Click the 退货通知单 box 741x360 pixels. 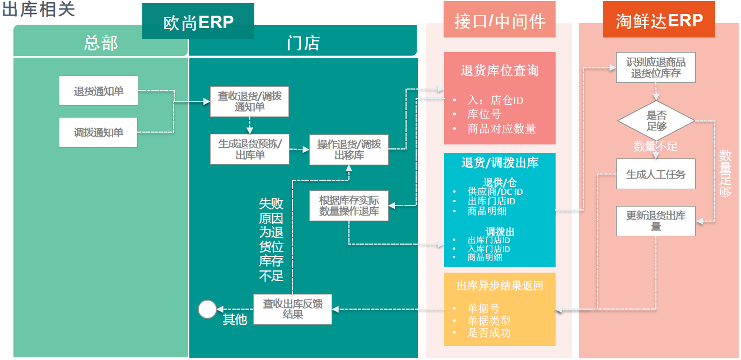pos(99,91)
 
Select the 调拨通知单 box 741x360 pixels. pos(99,133)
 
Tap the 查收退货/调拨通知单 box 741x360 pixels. pos(249,101)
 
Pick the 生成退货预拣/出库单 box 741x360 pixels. pos(249,149)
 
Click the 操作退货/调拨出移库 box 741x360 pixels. pos(348,149)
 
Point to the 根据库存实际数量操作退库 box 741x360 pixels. pos(348,205)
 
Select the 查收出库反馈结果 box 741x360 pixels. pos(292,309)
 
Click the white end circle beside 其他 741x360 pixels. pos(207,309)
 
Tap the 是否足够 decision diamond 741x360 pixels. pos(656,121)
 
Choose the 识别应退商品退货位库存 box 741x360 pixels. pos(655,67)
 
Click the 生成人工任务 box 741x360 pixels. pos(655,174)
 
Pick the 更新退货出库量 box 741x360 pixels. pos(655,221)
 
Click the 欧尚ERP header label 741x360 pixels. pos(198,21)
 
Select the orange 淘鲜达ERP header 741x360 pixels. pos(659,20)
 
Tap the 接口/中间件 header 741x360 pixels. pos(499,21)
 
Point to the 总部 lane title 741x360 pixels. pos(101,43)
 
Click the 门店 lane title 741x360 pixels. pos(302,43)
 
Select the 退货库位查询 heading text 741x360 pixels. pos(499,71)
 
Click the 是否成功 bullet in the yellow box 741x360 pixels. pos(489,333)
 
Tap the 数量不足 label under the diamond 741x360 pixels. pos(655,147)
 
